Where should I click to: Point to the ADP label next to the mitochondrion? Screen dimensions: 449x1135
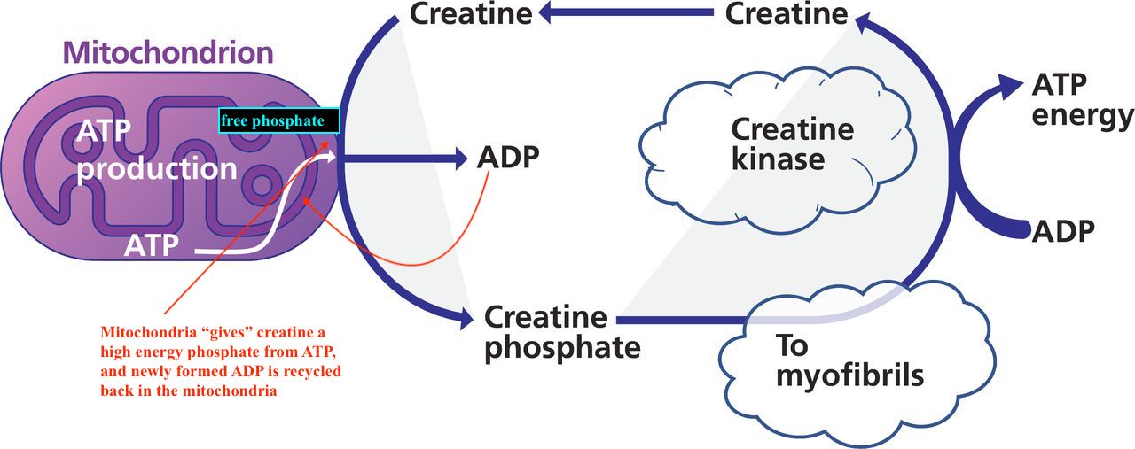point(508,158)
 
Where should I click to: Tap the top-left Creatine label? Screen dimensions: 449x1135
point(471,13)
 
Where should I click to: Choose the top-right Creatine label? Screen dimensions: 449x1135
point(787,13)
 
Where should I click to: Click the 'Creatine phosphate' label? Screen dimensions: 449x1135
point(562,331)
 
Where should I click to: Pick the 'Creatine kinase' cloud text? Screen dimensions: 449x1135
point(792,144)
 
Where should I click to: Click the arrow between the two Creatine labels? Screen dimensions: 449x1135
point(630,13)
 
